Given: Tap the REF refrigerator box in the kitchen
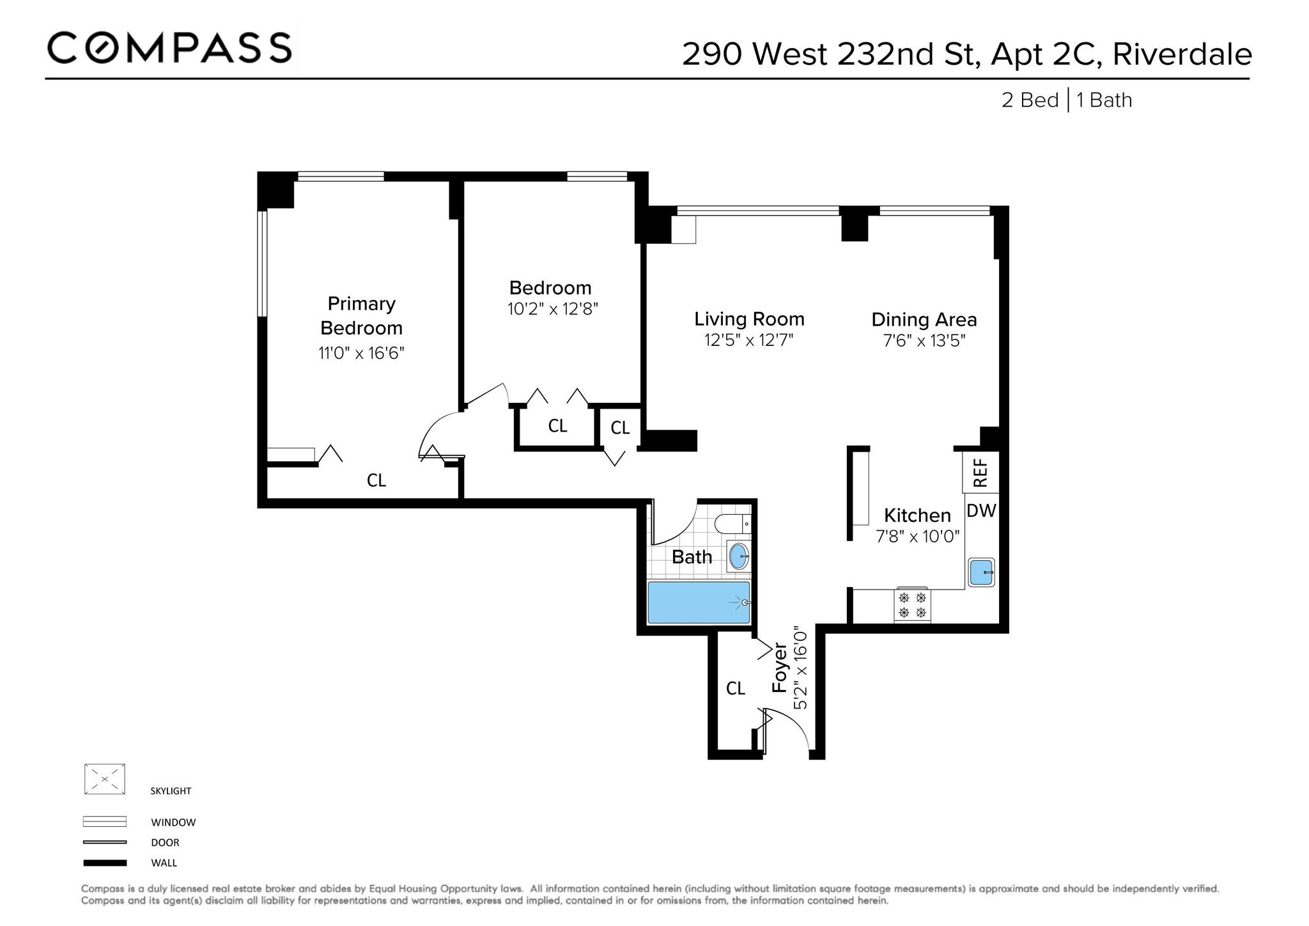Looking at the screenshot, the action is click(980, 472).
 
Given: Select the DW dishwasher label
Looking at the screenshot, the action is click(981, 510).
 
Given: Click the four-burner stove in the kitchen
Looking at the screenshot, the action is click(912, 605).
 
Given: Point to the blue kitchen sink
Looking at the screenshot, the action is click(981, 572).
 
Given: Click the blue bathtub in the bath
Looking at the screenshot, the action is click(699, 602).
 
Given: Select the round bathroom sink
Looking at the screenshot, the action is click(739, 556).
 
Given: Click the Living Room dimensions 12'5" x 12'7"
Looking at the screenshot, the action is click(749, 340).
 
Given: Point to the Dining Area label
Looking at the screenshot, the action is click(924, 319).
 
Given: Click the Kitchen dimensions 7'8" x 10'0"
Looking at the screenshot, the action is click(918, 536).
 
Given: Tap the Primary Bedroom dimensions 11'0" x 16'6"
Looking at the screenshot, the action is click(362, 353).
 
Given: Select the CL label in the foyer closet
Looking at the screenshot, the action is click(736, 688).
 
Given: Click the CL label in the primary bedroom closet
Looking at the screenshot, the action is click(376, 480).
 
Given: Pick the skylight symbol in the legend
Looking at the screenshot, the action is click(104, 780).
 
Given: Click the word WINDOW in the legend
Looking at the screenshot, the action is click(173, 822).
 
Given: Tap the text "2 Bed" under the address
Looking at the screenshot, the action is click(1030, 100).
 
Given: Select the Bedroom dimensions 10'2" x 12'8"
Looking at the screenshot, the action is click(553, 310).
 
